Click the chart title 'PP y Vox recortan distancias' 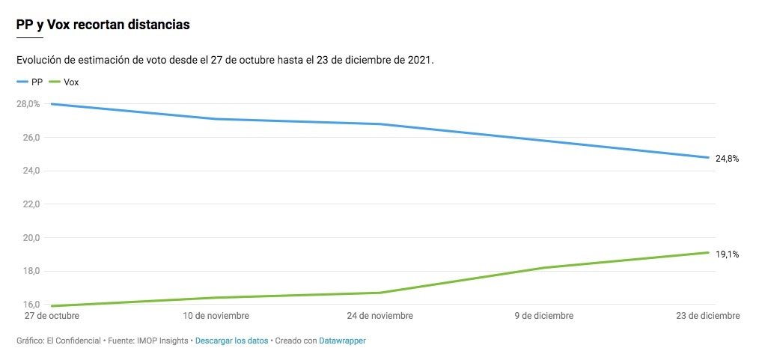coord(103,25)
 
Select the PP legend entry coord(30,82)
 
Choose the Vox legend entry coord(64,82)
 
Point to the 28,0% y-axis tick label coord(28,104)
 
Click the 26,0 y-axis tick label coord(28,138)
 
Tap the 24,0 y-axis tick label coord(28,171)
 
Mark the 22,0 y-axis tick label coord(28,204)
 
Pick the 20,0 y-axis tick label coord(28,238)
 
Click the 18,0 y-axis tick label coord(28,271)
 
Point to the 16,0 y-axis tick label coord(28,305)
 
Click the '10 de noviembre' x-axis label coord(216,316)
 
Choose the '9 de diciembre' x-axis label coord(545,316)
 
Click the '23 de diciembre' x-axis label coord(707,316)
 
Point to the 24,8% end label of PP coord(727,159)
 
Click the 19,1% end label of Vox coord(727,254)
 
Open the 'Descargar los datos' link coord(231,341)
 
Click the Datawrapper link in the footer coord(342,341)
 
